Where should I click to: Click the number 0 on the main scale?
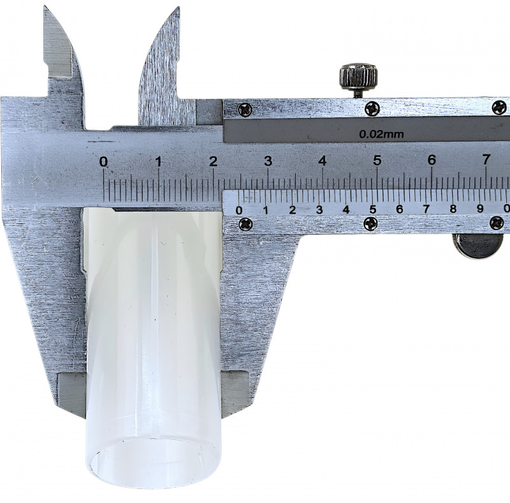click(103, 161)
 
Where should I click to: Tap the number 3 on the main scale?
click(268, 161)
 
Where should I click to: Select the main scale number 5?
click(377, 160)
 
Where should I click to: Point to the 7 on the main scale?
click(486, 159)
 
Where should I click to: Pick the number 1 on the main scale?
click(159, 161)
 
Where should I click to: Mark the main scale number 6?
click(432, 160)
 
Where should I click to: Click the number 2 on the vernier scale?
click(293, 210)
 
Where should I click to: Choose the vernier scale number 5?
click(373, 210)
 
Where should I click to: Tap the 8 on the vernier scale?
click(453, 208)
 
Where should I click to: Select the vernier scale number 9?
click(480, 208)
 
